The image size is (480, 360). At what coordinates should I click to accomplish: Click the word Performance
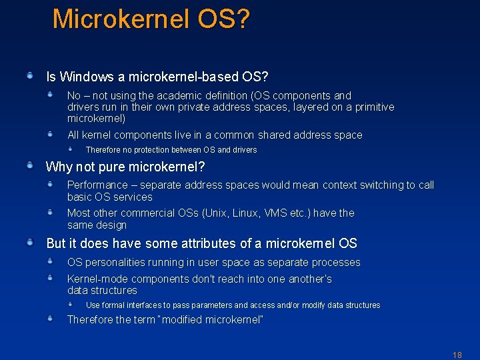[x=97, y=185]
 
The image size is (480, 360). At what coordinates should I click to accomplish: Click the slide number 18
[x=457, y=355]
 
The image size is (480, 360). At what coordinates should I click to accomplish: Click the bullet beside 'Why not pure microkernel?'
[x=30, y=165]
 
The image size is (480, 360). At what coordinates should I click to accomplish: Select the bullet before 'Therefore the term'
[x=50, y=319]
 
